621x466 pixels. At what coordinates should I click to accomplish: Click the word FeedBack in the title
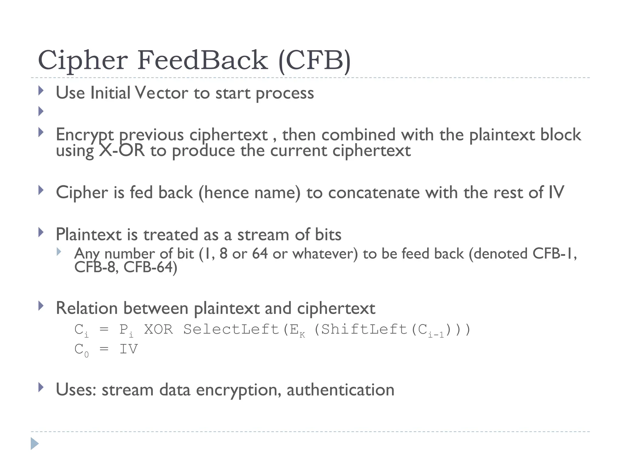(x=203, y=60)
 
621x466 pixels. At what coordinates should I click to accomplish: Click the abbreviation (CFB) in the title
(x=314, y=61)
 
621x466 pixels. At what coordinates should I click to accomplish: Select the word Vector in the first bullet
(x=161, y=93)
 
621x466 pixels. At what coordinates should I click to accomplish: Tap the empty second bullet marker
(x=41, y=111)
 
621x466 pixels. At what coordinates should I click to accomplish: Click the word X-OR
(x=122, y=151)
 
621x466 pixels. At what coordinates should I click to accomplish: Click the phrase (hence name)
(x=249, y=193)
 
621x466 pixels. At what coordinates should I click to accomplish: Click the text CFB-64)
(x=150, y=267)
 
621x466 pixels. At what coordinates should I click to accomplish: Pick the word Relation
(x=87, y=308)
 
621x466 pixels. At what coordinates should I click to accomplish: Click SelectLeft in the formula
(x=231, y=329)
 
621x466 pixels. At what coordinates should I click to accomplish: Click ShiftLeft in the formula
(x=364, y=329)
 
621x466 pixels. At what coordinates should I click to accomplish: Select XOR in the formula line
(x=158, y=329)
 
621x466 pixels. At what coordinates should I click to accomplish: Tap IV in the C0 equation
(x=129, y=349)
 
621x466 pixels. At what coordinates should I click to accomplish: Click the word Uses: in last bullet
(x=76, y=390)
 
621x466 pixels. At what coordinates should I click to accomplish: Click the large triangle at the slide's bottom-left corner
(x=35, y=444)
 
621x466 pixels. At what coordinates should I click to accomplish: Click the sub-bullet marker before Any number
(x=59, y=252)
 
